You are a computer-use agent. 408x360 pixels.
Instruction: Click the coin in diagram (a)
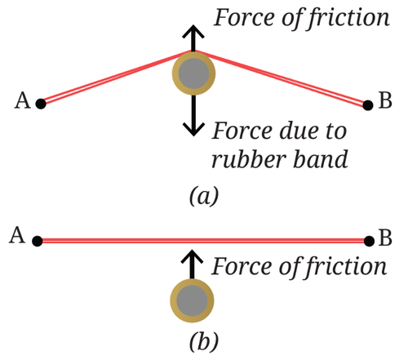pyautogui.click(x=193, y=73)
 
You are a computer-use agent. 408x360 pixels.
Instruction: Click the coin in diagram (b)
pyautogui.click(x=192, y=300)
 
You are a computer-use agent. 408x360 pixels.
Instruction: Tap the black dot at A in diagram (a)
pyautogui.click(x=41, y=104)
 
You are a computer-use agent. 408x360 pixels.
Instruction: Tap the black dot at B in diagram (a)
pyautogui.click(x=368, y=105)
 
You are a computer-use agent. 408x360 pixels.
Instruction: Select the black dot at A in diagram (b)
pyautogui.click(x=38, y=241)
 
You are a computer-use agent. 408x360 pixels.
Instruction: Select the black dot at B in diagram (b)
pyautogui.click(x=369, y=241)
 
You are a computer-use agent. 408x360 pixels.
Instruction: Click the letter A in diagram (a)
pyautogui.click(x=22, y=100)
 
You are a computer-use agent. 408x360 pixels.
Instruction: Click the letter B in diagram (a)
pyautogui.click(x=385, y=100)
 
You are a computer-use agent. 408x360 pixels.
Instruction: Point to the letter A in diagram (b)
pyautogui.click(x=17, y=235)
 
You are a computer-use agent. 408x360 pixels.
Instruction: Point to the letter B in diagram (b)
pyautogui.click(x=385, y=238)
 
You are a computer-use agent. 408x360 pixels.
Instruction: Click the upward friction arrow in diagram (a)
pyautogui.click(x=193, y=38)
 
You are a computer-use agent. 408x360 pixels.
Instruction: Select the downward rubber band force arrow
pyautogui.click(x=193, y=115)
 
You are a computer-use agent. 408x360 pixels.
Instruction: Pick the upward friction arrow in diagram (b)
pyautogui.click(x=192, y=264)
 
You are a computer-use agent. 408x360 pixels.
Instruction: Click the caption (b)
pyautogui.click(x=204, y=341)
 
